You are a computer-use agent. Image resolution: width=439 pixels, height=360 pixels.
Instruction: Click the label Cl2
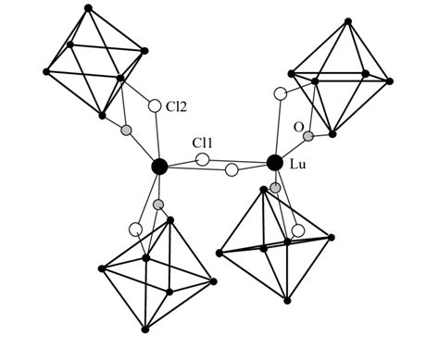pyautogui.click(x=177, y=106)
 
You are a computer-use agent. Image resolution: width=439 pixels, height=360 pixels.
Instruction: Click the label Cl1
pyautogui.click(x=204, y=144)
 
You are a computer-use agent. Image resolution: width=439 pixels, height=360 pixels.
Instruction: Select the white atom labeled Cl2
pyautogui.click(x=155, y=106)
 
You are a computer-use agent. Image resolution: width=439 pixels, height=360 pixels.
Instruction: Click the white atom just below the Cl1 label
pyautogui.click(x=203, y=160)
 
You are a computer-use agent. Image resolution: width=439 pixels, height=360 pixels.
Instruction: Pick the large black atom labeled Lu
pyautogui.click(x=274, y=163)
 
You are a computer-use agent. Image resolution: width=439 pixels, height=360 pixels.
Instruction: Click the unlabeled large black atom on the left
pyautogui.click(x=159, y=167)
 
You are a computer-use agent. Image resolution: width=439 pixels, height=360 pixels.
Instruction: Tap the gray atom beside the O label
pyautogui.click(x=308, y=136)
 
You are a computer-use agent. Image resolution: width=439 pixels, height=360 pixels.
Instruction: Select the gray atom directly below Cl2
pyautogui.click(x=127, y=130)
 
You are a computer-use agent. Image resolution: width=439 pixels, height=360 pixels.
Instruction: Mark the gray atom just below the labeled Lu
pyautogui.click(x=275, y=187)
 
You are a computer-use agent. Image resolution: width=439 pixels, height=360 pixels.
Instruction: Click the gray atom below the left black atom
pyautogui.click(x=158, y=204)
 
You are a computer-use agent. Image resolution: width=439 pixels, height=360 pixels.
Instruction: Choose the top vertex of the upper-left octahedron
pyautogui.click(x=88, y=8)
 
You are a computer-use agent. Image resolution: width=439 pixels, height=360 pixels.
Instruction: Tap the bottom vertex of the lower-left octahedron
pyautogui.click(x=145, y=329)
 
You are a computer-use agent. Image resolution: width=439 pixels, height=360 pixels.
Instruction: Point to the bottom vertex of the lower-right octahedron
pyautogui.click(x=287, y=300)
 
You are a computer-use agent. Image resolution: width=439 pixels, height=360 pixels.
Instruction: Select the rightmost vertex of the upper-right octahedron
pyautogui.click(x=390, y=81)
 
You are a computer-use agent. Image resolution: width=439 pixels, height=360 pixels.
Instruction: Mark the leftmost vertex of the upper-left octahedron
pyautogui.click(x=45, y=69)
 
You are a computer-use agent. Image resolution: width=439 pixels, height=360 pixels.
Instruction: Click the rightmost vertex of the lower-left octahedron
pyautogui.click(x=214, y=280)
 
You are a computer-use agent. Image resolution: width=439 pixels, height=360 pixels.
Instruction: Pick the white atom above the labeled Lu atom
pyautogui.click(x=281, y=93)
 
